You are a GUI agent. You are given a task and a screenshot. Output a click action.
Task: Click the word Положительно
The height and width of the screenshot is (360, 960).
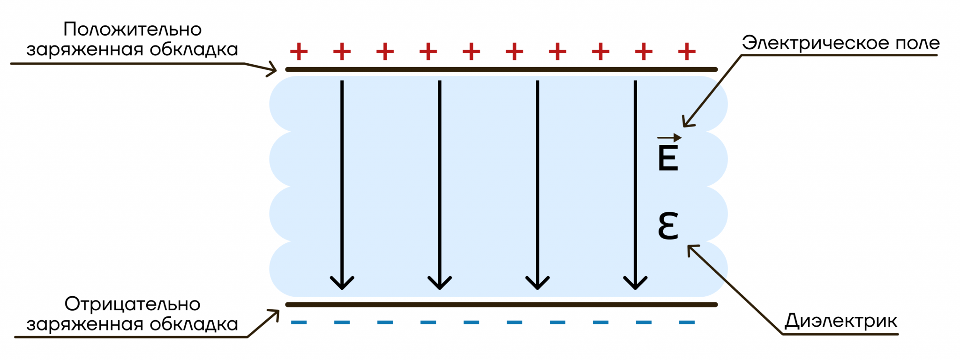(x=133, y=30)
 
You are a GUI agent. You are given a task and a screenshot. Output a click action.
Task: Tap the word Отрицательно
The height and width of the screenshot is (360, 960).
(x=133, y=305)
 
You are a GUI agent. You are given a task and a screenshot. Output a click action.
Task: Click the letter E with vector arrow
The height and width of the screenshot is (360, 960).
(x=668, y=152)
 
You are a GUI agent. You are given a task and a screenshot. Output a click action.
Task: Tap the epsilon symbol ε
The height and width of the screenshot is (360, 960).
(x=668, y=226)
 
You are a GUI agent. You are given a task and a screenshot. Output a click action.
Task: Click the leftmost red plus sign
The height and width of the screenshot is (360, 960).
(x=299, y=52)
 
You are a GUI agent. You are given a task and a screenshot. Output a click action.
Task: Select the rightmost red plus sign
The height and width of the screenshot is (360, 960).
(x=687, y=52)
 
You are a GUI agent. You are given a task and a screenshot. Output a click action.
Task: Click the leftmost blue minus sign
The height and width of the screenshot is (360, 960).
(x=299, y=322)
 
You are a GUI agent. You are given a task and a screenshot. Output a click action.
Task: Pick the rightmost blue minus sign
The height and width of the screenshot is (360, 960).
(x=687, y=322)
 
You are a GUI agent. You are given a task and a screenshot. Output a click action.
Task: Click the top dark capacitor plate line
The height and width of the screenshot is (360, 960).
(x=502, y=69)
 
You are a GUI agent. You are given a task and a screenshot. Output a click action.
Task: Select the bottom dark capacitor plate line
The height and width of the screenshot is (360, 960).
(x=502, y=305)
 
